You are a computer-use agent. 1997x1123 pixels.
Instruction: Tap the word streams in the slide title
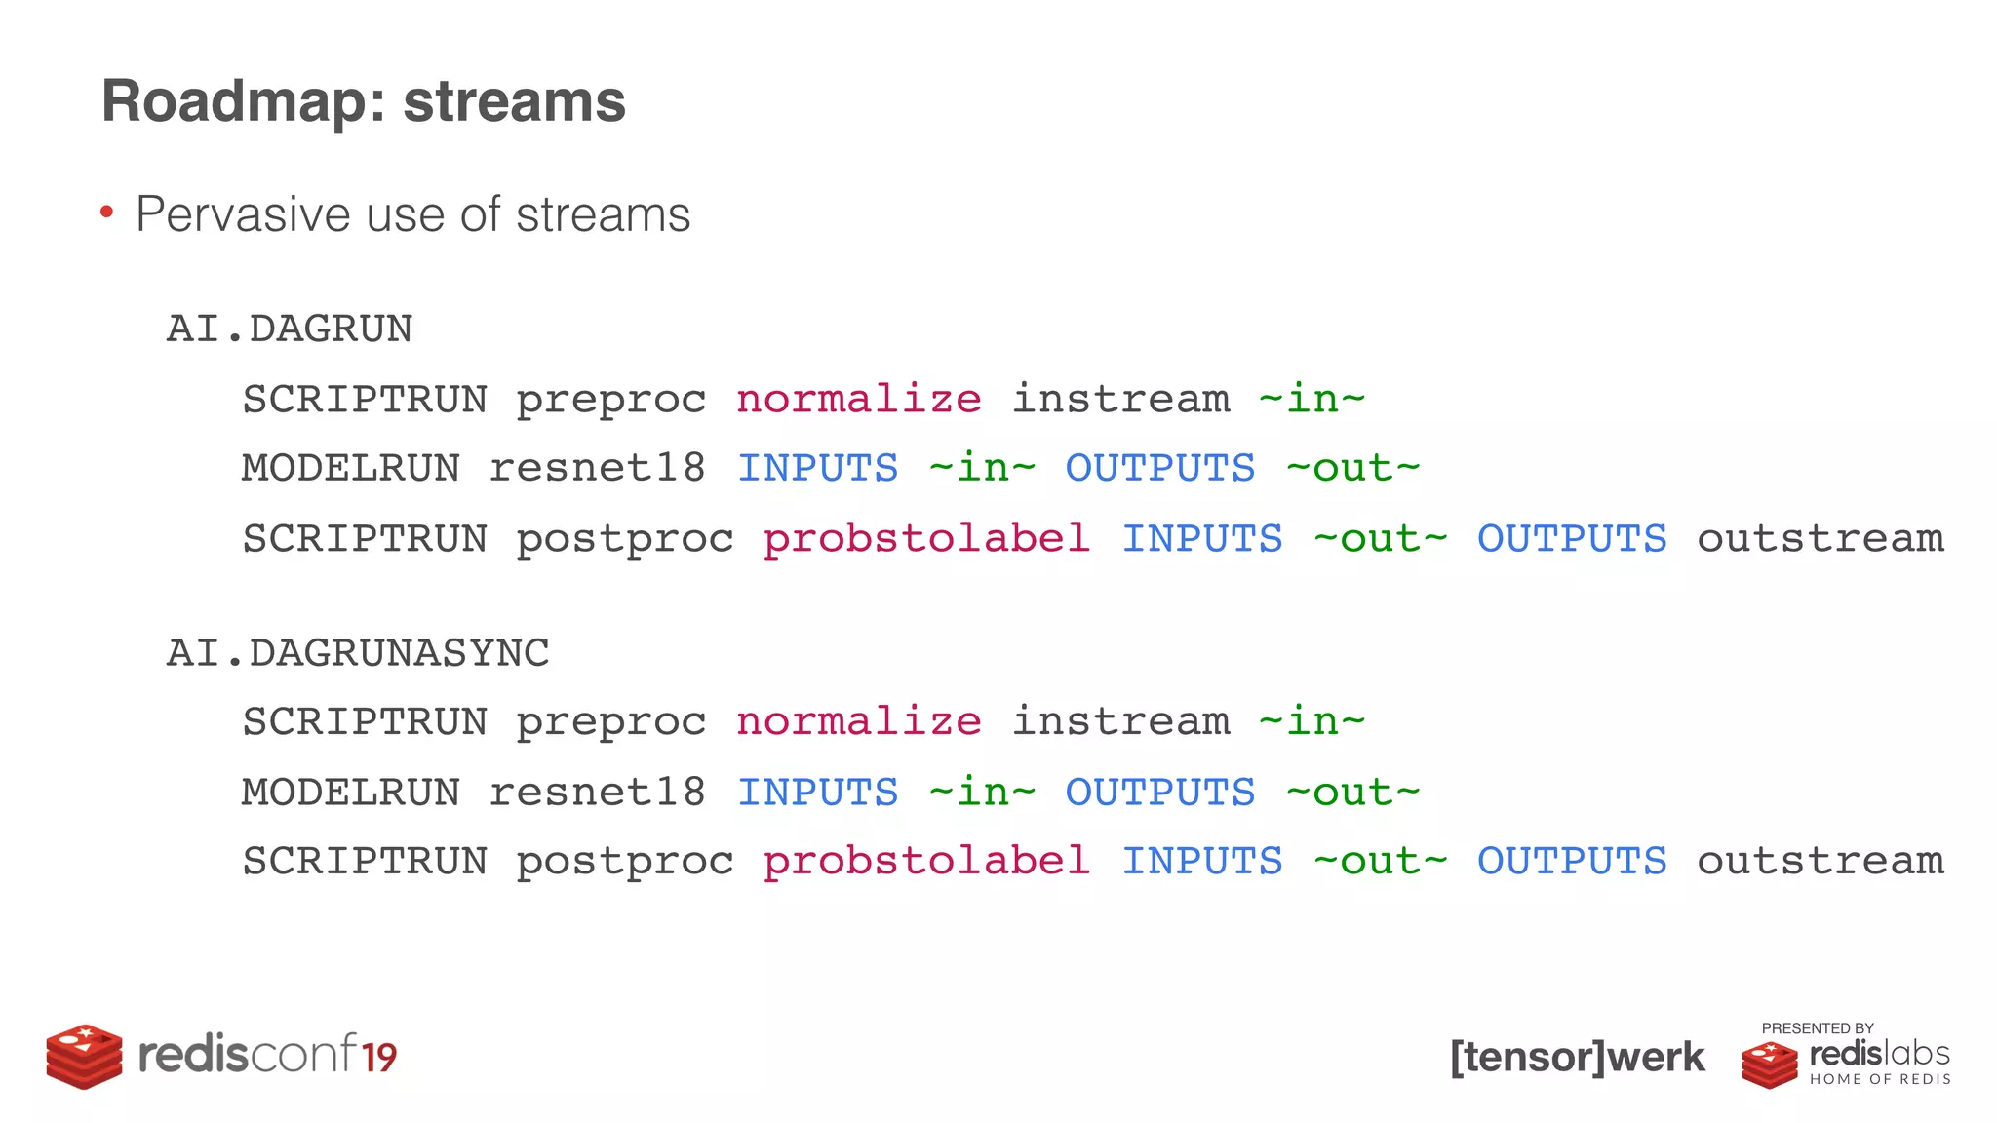click(x=514, y=101)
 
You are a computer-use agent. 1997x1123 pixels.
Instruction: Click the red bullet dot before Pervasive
click(x=107, y=212)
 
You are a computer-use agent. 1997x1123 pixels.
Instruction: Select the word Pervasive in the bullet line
click(x=242, y=214)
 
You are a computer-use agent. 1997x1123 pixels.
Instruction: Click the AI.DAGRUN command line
click(x=290, y=329)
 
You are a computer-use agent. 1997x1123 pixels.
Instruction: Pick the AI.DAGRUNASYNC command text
click(x=358, y=653)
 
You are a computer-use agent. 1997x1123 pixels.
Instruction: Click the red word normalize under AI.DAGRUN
click(x=858, y=400)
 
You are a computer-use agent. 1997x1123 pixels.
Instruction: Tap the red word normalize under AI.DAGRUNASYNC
click(x=858, y=722)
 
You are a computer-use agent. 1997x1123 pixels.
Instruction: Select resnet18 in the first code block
click(x=597, y=469)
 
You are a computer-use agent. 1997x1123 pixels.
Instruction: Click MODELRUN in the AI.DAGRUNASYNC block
click(x=351, y=793)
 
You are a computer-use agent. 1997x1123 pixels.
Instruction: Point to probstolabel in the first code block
click(x=926, y=539)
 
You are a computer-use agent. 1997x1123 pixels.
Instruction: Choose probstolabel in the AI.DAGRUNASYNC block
click(x=926, y=862)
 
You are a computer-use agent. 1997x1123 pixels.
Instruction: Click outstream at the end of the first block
click(x=1821, y=539)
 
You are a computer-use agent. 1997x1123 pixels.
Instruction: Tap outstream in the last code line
click(x=1821, y=862)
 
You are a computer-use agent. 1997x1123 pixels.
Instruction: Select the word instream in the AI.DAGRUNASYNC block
click(x=1120, y=722)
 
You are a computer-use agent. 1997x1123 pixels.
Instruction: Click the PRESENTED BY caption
click(x=1817, y=1028)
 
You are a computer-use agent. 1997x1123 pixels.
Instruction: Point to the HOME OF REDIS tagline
click(x=1880, y=1079)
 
